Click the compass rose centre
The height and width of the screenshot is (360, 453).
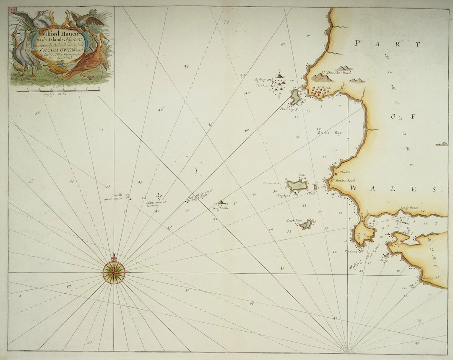(x=114, y=272)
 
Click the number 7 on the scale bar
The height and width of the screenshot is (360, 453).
(x=99, y=89)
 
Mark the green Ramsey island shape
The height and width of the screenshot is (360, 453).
(x=295, y=97)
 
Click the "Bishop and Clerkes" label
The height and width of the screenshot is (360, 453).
(x=264, y=82)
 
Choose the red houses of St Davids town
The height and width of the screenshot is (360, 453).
(x=321, y=92)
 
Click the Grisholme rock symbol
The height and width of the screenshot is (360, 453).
(x=221, y=202)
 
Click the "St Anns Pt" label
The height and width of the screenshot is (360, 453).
(x=350, y=251)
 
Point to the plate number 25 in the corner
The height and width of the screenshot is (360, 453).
(x=13, y=9)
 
